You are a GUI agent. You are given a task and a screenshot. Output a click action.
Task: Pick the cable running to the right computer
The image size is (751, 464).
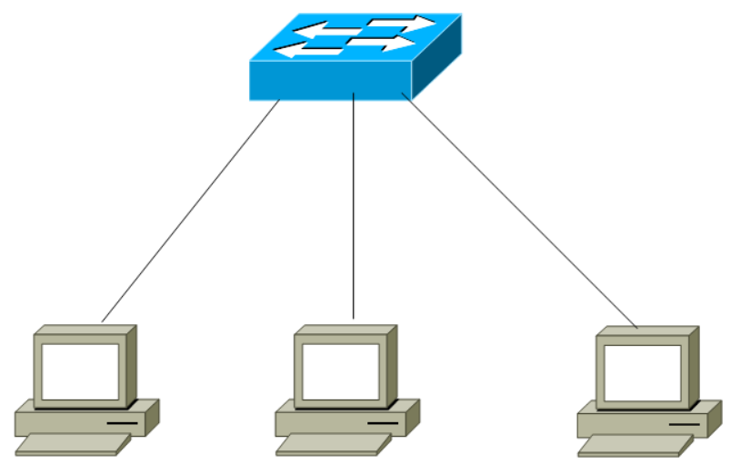tap(518, 209)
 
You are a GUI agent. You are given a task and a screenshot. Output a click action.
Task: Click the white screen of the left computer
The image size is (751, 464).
tap(80, 371)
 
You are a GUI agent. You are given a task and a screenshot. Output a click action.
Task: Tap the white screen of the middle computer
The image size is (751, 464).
tap(340, 371)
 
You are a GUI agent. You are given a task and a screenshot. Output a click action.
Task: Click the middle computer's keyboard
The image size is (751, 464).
tap(332, 444)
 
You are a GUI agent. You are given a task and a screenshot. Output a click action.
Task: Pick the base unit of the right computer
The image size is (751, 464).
tap(627, 424)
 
